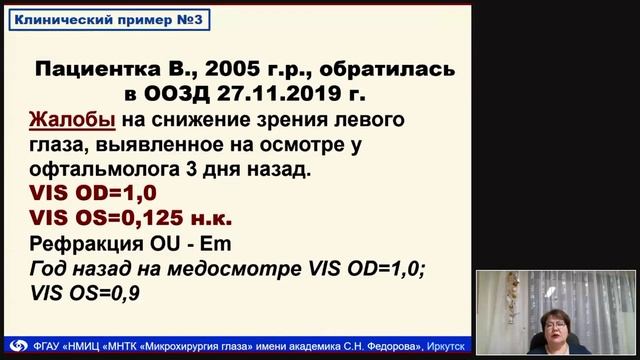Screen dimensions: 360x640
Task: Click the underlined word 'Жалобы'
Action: pyautogui.click(x=62, y=121)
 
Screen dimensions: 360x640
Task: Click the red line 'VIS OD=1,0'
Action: pyautogui.click(x=81, y=194)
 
